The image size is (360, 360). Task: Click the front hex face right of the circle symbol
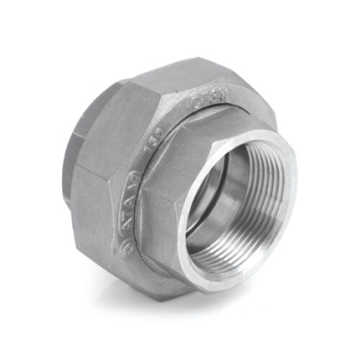(x=159, y=243)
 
